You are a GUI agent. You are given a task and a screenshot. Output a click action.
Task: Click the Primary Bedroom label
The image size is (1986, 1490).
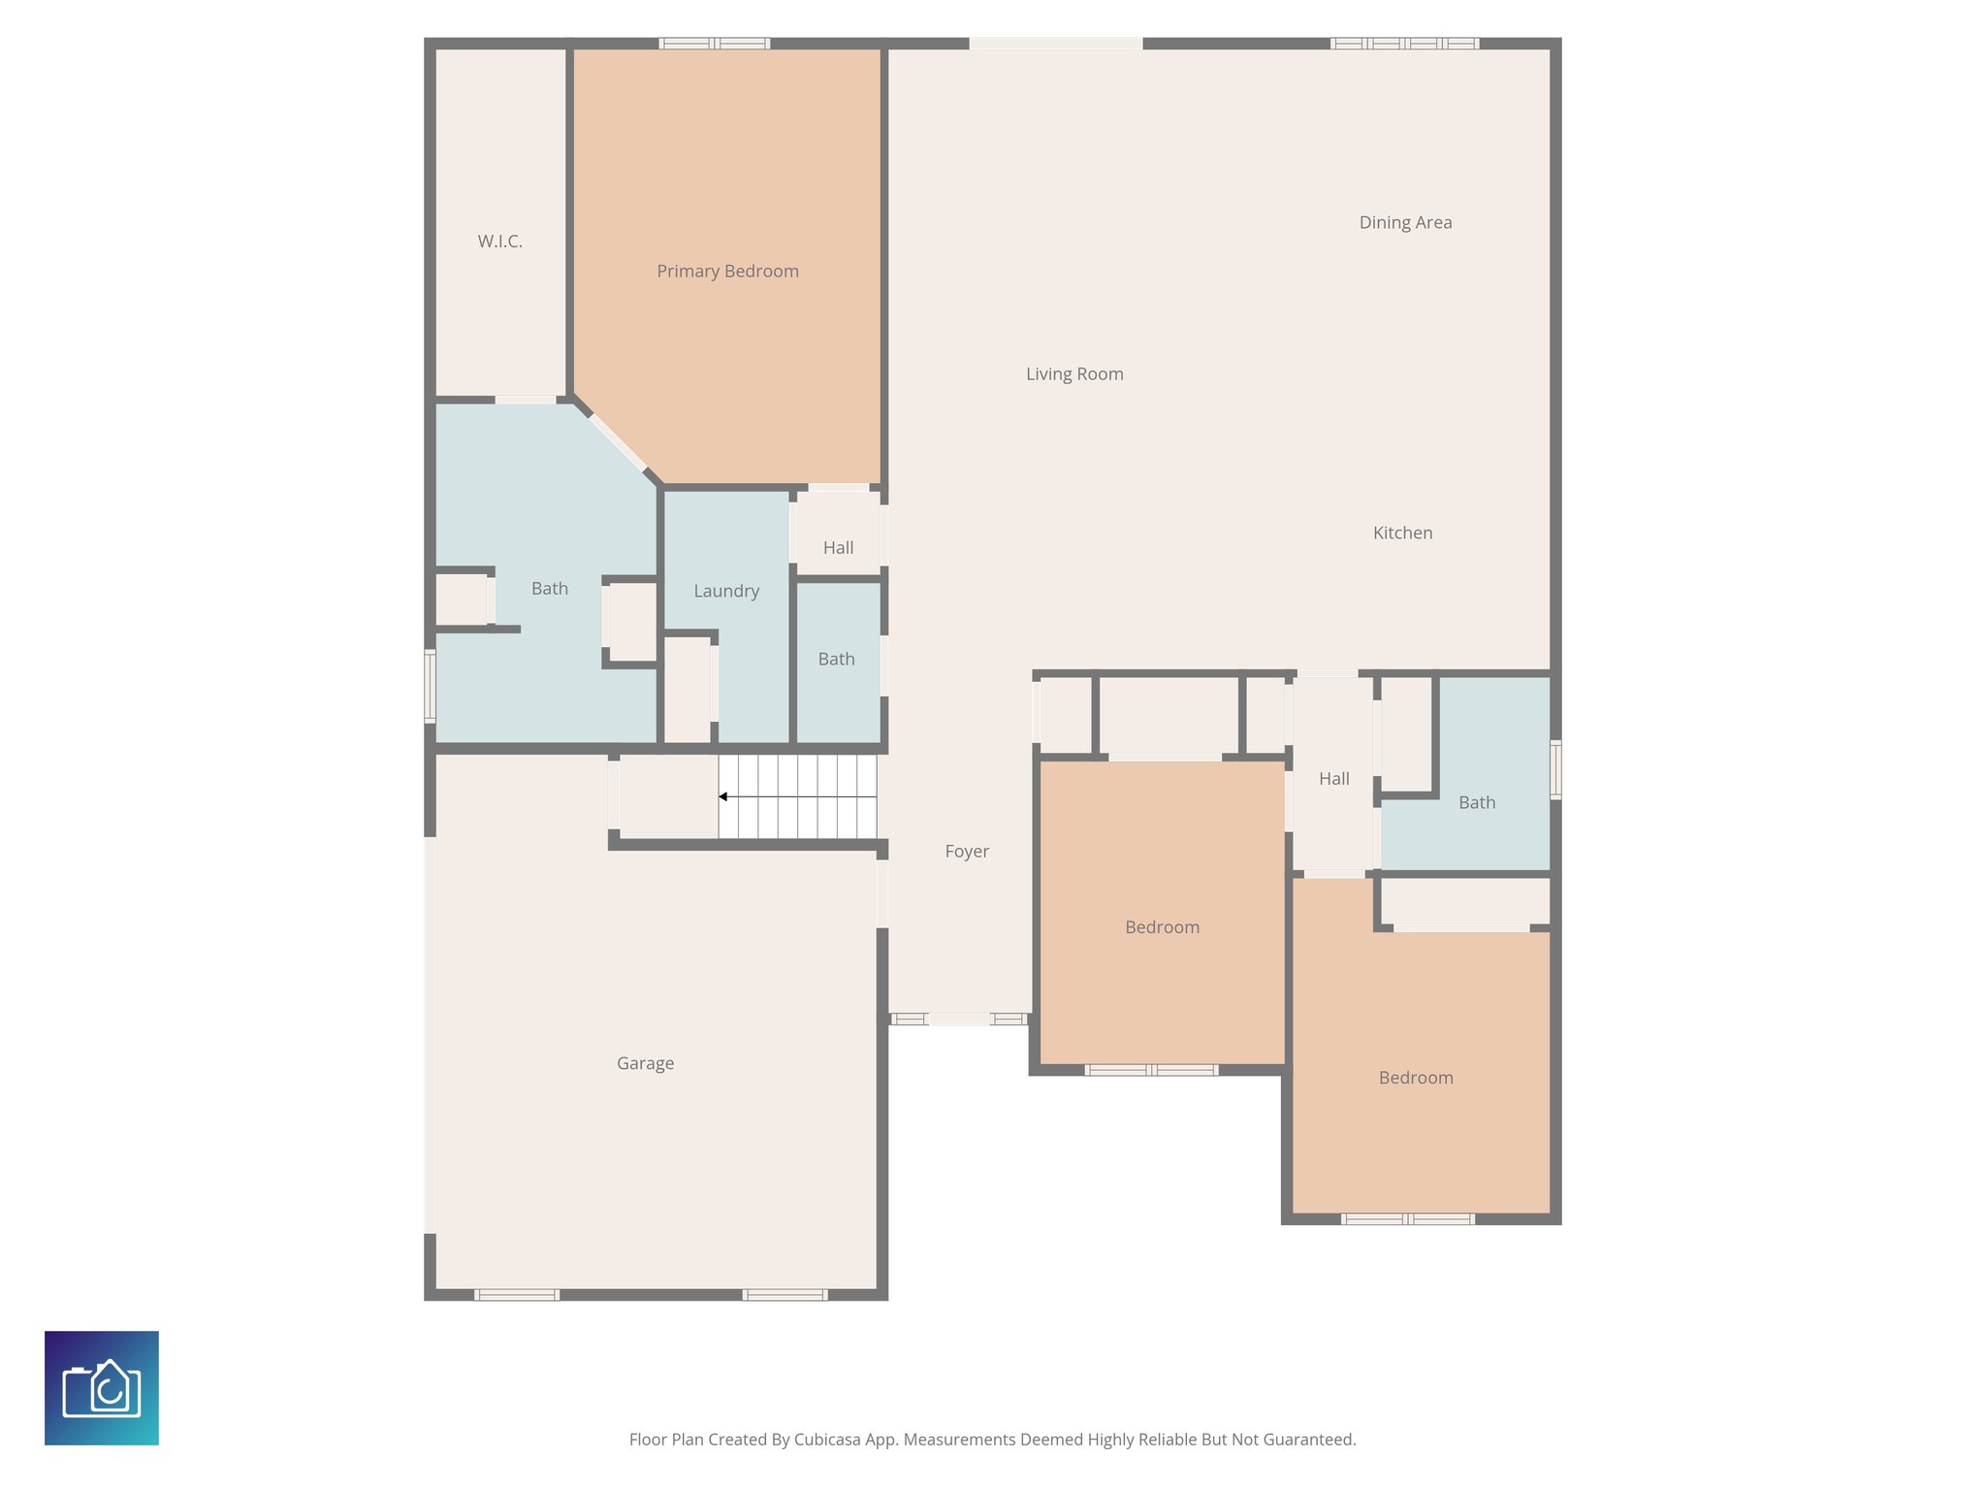pyautogui.click(x=727, y=272)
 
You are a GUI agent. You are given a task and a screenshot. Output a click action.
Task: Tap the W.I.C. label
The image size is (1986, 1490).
pyautogui.click(x=499, y=242)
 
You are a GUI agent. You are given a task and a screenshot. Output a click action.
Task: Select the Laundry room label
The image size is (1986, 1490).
pyautogui.click(x=726, y=591)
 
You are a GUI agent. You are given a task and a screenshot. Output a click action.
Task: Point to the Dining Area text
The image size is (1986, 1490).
pyautogui.click(x=1405, y=223)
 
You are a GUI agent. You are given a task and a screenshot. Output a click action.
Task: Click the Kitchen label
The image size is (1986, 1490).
pyautogui.click(x=1402, y=533)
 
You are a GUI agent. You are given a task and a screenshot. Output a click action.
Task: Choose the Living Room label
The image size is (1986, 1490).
pyautogui.click(x=1074, y=374)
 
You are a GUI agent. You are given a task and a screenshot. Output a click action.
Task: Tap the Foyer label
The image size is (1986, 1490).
pyautogui.click(x=967, y=852)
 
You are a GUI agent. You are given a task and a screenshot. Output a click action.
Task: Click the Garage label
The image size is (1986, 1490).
pyautogui.click(x=645, y=1063)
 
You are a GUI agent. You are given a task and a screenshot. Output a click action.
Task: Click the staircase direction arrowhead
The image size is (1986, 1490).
pyautogui.click(x=723, y=796)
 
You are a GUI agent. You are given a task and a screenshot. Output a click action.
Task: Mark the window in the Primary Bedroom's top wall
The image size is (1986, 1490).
pyautogui.click(x=715, y=44)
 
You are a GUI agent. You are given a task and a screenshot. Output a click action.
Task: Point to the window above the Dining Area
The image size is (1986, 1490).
pyautogui.click(x=1404, y=44)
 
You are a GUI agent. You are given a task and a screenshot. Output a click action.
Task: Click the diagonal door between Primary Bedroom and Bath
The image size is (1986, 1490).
pyautogui.click(x=618, y=442)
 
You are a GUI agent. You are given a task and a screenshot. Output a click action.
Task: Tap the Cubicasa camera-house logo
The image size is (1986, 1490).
pyautogui.click(x=102, y=1388)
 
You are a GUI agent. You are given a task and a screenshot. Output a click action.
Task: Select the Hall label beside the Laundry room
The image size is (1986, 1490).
pyautogui.click(x=838, y=548)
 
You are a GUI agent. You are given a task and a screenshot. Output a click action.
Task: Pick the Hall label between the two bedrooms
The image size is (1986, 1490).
pyautogui.click(x=1333, y=779)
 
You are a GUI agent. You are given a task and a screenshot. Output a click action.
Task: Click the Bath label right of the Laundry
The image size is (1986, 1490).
pyautogui.click(x=836, y=660)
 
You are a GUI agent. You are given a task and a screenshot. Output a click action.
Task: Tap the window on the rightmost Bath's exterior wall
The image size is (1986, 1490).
pyautogui.click(x=1555, y=769)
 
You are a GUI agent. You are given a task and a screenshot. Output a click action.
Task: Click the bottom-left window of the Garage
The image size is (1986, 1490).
pyautogui.click(x=517, y=1295)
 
